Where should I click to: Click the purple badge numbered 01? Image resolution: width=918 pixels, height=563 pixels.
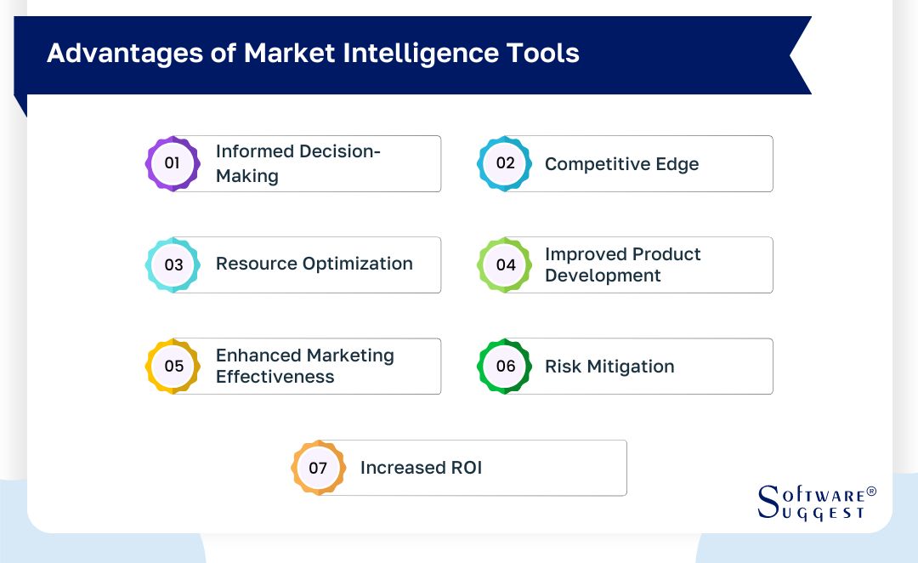(x=173, y=162)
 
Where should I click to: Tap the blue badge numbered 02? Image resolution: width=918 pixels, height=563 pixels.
(x=505, y=162)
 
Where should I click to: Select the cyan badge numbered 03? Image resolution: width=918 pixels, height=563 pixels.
(x=173, y=264)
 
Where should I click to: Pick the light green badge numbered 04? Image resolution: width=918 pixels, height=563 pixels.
(x=505, y=264)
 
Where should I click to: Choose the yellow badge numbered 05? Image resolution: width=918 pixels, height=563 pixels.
(x=173, y=366)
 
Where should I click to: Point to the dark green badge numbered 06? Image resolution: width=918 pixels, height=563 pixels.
(x=505, y=366)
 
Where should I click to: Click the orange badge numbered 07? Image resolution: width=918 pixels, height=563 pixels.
(x=318, y=467)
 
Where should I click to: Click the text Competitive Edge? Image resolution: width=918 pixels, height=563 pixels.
(x=621, y=164)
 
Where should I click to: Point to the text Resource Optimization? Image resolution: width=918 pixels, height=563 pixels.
(x=314, y=264)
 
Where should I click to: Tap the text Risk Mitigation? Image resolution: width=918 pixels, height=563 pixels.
(x=609, y=367)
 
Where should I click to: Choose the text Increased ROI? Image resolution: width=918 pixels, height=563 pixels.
(x=421, y=468)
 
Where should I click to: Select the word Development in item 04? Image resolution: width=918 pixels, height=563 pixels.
(x=602, y=276)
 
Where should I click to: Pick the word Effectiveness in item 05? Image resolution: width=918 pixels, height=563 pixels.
(x=275, y=377)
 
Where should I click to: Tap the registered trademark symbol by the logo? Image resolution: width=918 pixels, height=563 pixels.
(x=870, y=492)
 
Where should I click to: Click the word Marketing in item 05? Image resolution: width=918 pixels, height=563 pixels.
(x=349, y=355)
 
